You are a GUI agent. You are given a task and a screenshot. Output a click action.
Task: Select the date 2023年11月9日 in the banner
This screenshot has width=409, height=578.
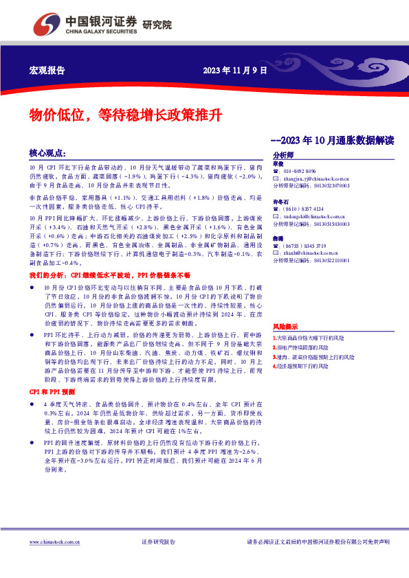(x=234, y=70)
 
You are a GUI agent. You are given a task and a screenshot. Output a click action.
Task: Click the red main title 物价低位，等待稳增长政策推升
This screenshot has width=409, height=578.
(x=124, y=114)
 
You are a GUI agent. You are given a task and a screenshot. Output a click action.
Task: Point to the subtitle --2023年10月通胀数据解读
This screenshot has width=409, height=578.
(x=332, y=140)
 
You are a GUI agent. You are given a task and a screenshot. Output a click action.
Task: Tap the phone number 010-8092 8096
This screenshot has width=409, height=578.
(x=300, y=171)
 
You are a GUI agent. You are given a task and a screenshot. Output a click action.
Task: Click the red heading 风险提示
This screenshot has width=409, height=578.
(x=285, y=327)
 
